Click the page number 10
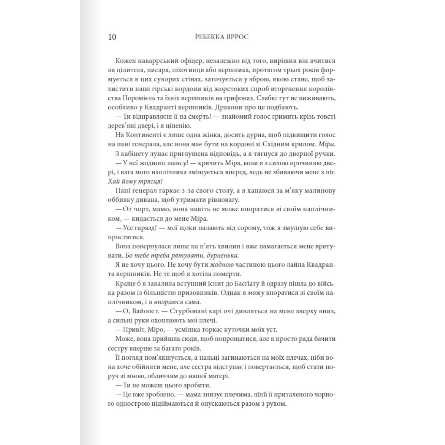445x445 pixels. point(112,37)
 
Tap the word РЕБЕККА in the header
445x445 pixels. point(208,37)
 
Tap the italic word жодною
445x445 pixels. point(221,265)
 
